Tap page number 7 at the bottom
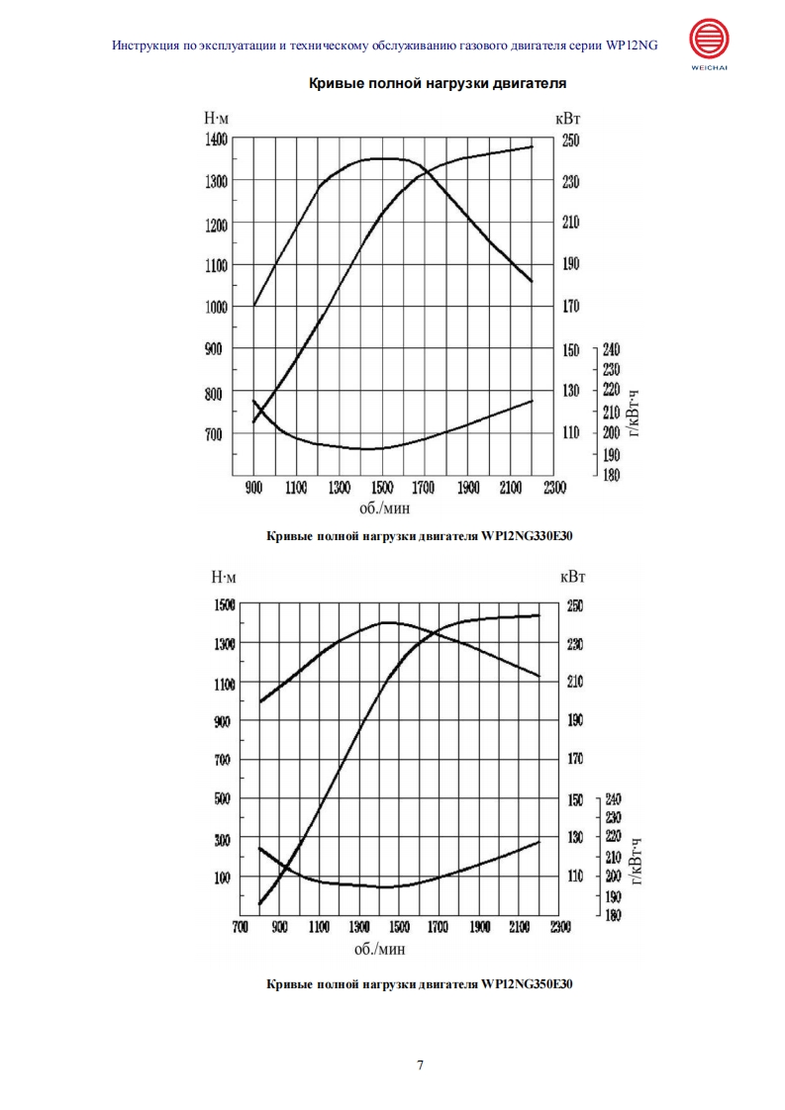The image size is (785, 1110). coord(420,1065)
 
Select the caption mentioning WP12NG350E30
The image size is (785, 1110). coord(421,984)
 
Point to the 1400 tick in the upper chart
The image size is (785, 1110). coord(216,139)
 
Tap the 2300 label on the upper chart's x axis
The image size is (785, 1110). coord(554,487)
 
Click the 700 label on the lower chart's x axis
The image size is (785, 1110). coord(240,928)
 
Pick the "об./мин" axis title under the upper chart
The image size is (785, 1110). coord(385,508)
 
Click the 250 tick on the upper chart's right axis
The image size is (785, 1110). coord(571,140)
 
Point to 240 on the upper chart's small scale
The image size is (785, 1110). coord(611,349)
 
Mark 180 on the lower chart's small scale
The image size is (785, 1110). coord(612,916)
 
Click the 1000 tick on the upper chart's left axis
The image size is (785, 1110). coord(216,307)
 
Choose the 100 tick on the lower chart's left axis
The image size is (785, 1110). coord(224,878)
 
